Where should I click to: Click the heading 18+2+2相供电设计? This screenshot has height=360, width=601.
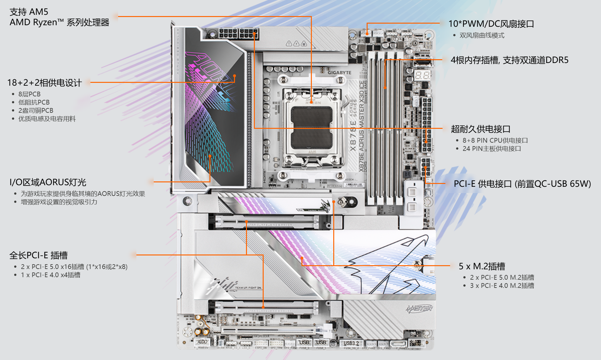(x=44, y=83)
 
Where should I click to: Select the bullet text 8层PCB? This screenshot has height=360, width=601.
(x=29, y=94)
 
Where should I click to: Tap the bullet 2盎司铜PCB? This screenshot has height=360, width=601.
(x=36, y=111)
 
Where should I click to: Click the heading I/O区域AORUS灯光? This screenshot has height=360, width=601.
(x=48, y=182)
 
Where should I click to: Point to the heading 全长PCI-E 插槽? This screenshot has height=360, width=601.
(x=38, y=255)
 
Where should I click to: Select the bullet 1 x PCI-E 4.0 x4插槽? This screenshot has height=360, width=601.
(x=50, y=275)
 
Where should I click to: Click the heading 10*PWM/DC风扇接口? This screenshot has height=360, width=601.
(x=491, y=24)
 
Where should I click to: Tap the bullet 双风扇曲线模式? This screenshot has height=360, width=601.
(x=482, y=36)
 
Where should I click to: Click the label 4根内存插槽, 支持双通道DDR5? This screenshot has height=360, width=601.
(x=509, y=60)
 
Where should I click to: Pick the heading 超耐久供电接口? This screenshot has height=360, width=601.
(x=480, y=129)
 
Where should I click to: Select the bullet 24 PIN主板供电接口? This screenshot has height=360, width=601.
(x=491, y=149)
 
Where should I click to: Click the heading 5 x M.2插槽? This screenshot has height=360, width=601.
(x=482, y=266)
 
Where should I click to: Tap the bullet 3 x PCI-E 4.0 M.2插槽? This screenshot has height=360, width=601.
(x=502, y=286)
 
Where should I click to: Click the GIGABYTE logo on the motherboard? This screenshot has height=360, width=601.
(x=339, y=73)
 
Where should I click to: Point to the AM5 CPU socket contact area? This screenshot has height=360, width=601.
(x=312, y=128)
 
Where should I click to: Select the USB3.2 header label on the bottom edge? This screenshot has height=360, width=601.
(x=351, y=343)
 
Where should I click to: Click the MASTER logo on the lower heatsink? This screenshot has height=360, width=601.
(x=419, y=308)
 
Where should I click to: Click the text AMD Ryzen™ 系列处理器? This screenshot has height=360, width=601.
(x=59, y=22)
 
